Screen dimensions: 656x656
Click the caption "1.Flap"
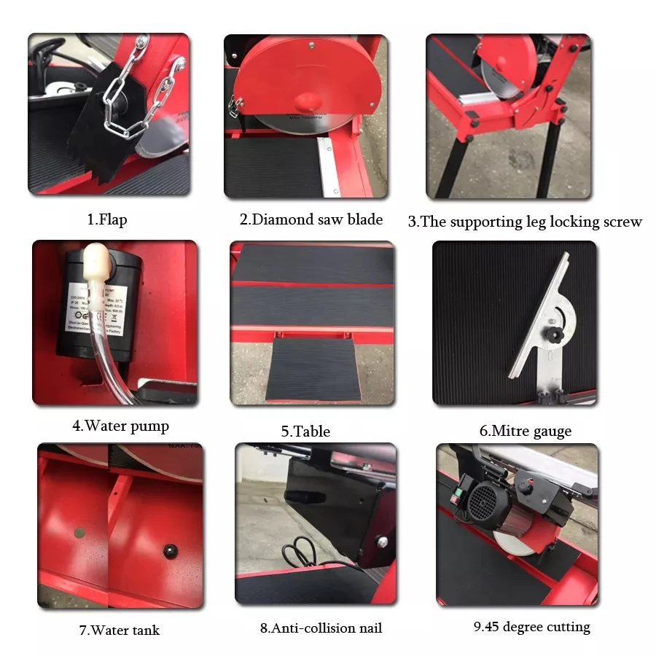click(106, 219)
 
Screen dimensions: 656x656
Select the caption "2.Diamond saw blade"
click(311, 219)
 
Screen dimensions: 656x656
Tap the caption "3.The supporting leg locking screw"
click(525, 222)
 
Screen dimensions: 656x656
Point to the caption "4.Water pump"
click(120, 426)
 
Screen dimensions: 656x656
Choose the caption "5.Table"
click(305, 431)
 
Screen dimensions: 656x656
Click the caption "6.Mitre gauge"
click(525, 431)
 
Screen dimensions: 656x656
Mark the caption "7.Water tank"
click(119, 630)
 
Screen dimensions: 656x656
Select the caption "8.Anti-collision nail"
click(321, 628)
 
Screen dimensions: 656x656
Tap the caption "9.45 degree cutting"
click(531, 627)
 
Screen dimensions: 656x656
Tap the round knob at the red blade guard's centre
click(307, 101)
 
